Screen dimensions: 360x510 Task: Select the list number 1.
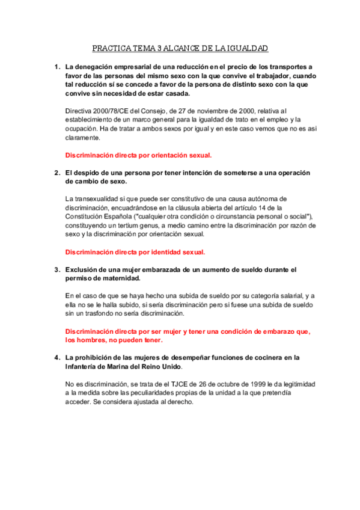(x=56, y=67)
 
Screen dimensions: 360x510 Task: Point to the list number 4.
(x=56, y=357)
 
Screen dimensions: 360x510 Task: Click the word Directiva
(x=79, y=111)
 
